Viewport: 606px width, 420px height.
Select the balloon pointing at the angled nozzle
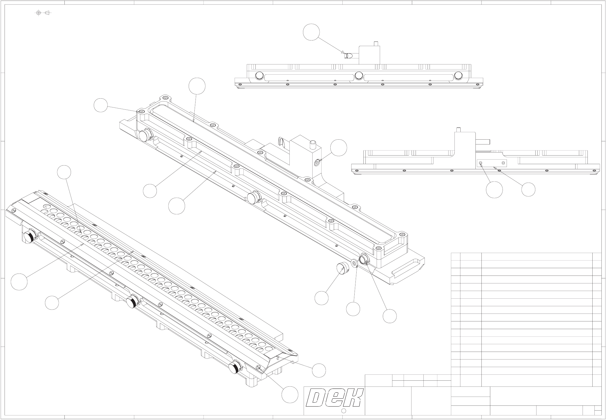[311, 32]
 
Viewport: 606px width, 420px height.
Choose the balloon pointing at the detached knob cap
[322, 298]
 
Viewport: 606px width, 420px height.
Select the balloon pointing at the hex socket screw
[339, 148]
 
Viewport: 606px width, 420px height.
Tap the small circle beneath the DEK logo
[343, 411]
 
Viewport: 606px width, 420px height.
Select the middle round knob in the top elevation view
[359, 76]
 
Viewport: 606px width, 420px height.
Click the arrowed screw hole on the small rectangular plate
[481, 163]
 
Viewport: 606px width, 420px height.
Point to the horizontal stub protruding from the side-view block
[483, 142]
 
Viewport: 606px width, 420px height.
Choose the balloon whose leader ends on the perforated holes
[64, 172]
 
